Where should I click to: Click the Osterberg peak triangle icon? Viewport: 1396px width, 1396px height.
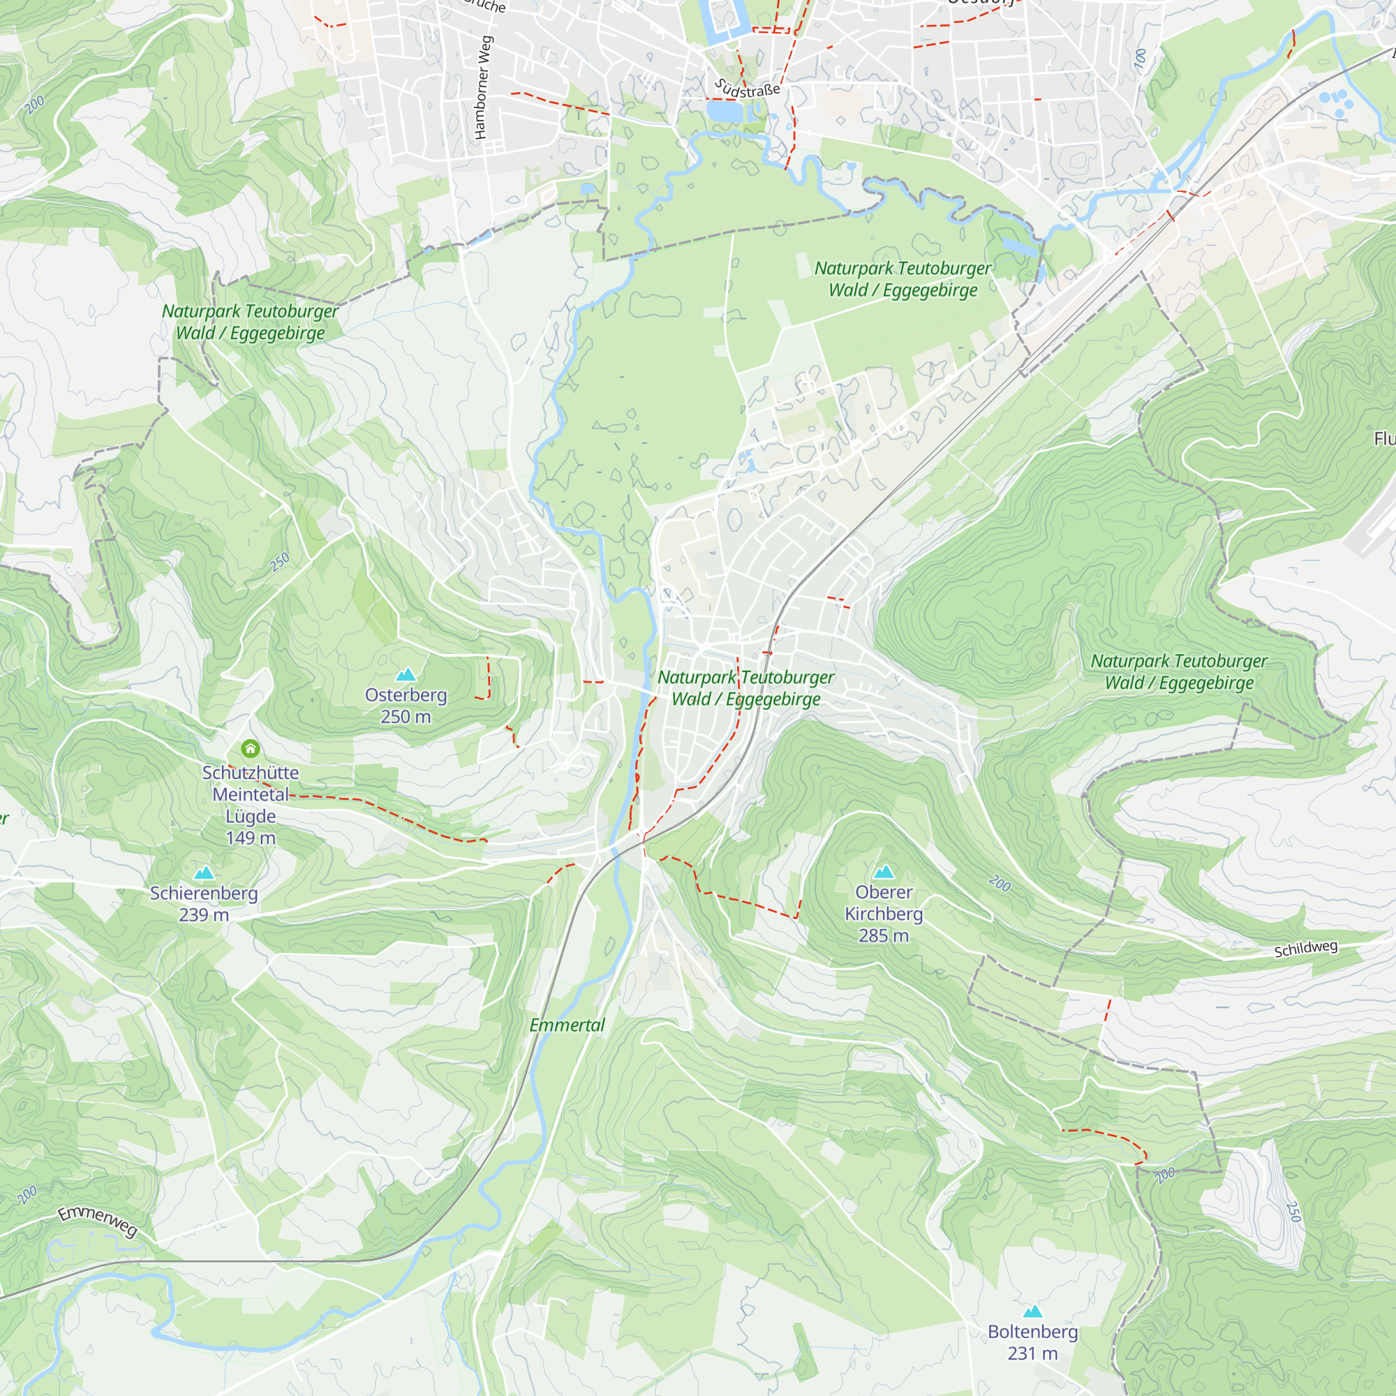(x=406, y=675)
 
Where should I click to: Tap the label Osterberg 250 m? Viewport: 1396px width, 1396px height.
(x=406, y=705)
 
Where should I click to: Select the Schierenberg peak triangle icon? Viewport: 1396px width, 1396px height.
(x=205, y=873)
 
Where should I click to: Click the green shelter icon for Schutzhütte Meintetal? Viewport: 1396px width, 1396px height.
(x=251, y=748)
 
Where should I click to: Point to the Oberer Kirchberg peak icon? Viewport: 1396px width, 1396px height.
(x=884, y=872)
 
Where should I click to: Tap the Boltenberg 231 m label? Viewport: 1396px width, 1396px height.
(x=1032, y=1342)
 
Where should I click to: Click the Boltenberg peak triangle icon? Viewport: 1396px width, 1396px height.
(x=1032, y=1312)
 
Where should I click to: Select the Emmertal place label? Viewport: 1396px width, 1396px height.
(x=567, y=1025)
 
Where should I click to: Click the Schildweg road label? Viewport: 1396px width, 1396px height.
(x=1305, y=949)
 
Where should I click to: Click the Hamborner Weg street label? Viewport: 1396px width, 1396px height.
(x=483, y=87)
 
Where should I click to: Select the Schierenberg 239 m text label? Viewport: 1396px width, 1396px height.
(x=204, y=904)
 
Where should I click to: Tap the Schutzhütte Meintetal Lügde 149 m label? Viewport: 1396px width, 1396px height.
(x=250, y=805)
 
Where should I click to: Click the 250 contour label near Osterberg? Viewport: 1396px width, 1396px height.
(x=280, y=562)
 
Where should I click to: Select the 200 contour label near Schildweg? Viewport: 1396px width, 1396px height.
(x=1000, y=883)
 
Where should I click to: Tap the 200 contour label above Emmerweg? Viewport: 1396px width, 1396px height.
(x=27, y=1195)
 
